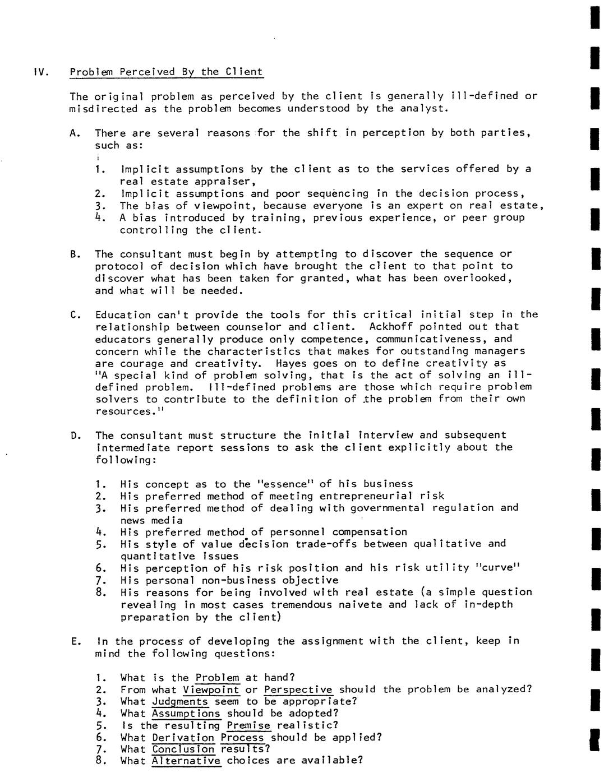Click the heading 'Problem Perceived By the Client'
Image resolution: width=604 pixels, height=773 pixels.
coord(166,72)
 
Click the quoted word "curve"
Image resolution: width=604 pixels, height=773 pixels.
coord(499,568)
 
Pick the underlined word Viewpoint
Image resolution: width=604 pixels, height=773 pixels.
coord(211,689)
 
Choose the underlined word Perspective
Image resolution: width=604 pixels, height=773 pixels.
coord(298,689)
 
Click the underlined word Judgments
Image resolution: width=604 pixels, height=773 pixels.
coord(179,701)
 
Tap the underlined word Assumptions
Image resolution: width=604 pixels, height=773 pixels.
coord(186,714)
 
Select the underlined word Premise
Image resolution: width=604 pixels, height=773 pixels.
coord(248,725)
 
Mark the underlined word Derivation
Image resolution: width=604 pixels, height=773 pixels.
coord(183,738)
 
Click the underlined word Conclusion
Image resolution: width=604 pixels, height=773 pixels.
coord(183,749)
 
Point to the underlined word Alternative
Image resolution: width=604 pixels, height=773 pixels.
coord(186,761)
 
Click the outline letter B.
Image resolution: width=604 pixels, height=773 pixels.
coord(74,254)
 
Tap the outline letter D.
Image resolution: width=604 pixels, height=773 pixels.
coord(74,435)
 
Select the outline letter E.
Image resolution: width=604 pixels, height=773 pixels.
coord(74,641)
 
